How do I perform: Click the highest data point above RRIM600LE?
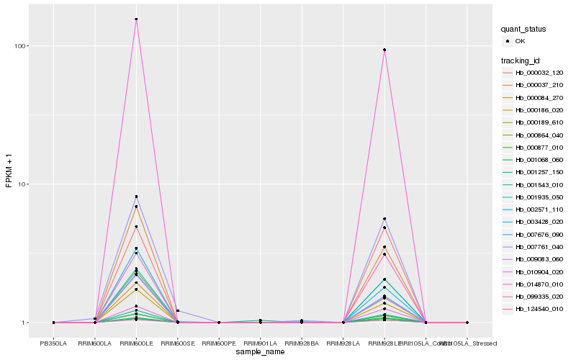pyautogui.click(x=136, y=19)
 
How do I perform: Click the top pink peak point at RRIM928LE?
pyautogui.click(x=384, y=50)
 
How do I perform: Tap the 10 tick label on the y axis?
pyautogui.click(x=21, y=184)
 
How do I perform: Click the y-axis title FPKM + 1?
pyautogui.click(x=9, y=171)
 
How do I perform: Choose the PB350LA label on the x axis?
pyautogui.click(x=54, y=343)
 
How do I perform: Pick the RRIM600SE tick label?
pyautogui.click(x=178, y=343)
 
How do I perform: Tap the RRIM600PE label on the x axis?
pyautogui.click(x=219, y=343)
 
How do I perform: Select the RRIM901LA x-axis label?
pyautogui.click(x=260, y=343)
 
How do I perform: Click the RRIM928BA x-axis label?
pyautogui.click(x=302, y=343)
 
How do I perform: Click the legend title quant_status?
pyautogui.click(x=523, y=29)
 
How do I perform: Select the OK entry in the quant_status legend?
pyautogui.click(x=520, y=41)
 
